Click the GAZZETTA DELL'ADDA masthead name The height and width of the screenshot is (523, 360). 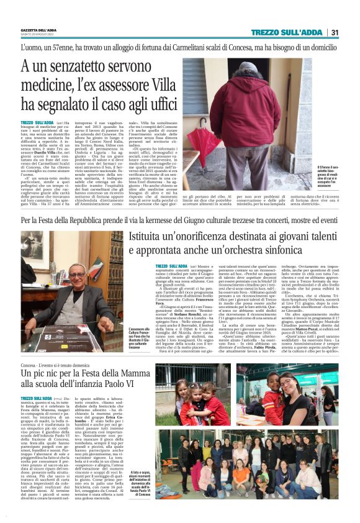coord(39,30)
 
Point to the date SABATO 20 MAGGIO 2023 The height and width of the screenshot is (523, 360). coord(39,34)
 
